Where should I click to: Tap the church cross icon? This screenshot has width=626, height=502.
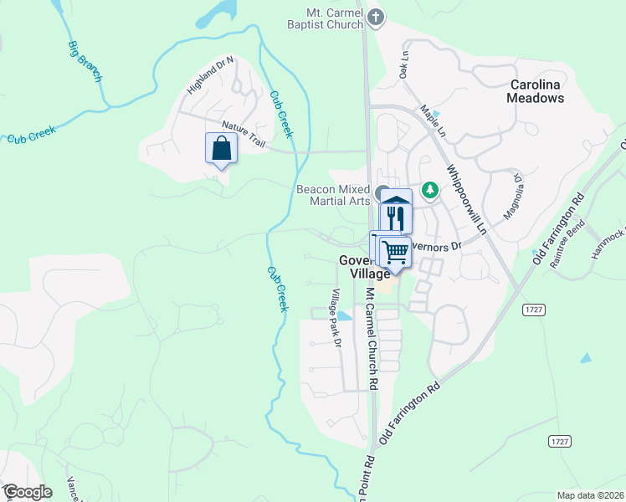click(x=377, y=16)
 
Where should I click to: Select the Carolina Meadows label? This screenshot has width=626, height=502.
click(x=536, y=91)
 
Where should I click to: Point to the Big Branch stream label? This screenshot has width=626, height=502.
click(x=85, y=60)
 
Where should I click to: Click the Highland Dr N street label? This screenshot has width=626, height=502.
click(x=210, y=74)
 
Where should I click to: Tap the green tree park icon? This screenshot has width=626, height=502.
click(x=430, y=191)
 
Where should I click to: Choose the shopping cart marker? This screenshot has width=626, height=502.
click(x=395, y=250)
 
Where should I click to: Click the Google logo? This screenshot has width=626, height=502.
click(x=27, y=492)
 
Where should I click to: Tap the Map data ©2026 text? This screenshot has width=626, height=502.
click(x=589, y=495)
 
